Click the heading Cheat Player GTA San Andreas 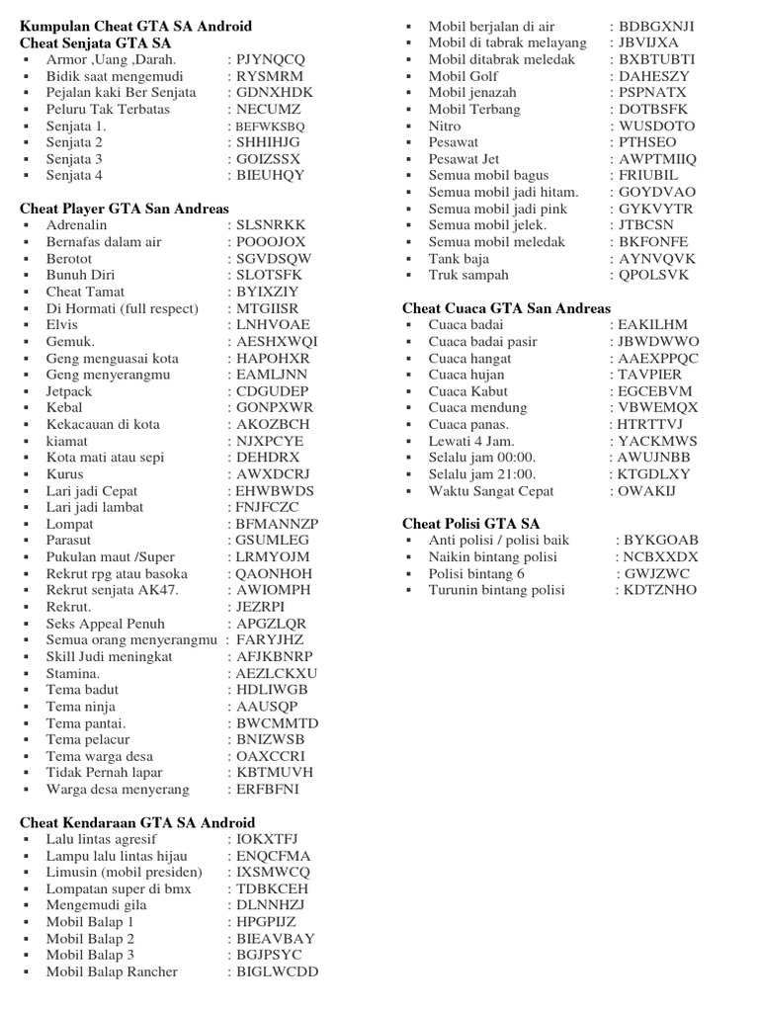click(x=125, y=209)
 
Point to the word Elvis click(x=62, y=324)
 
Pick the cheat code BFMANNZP click(x=278, y=524)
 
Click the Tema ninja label click(x=80, y=707)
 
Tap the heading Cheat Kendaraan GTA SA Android click(x=137, y=822)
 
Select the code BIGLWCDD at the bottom click(x=278, y=971)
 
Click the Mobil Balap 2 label click(x=90, y=939)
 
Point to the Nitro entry click(x=445, y=126)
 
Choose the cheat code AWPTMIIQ click(x=656, y=159)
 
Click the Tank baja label click(x=459, y=259)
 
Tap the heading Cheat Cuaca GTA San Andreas click(x=506, y=308)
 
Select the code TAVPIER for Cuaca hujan click(x=649, y=375)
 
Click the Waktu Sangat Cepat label click(x=491, y=491)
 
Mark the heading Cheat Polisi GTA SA click(x=470, y=523)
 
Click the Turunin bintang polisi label click(x=496, y=590)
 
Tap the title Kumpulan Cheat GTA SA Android click(x=135, y=26)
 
